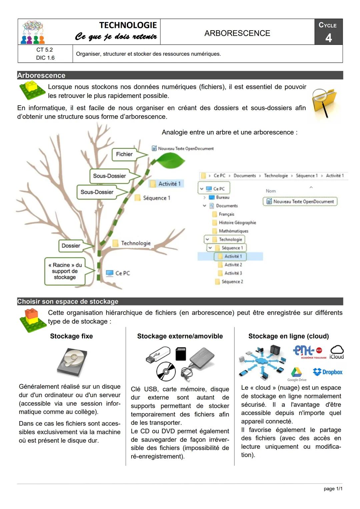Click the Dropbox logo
click(x=328, y=372)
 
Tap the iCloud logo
click(x=337, y=352)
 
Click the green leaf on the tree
click(x=170, y=162)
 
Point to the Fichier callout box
click(x=124, y=154)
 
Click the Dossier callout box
click(x=71, y=246)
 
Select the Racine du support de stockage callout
click(x=65, y=271)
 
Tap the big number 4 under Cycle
click(x=328, y=38)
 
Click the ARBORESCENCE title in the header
click(x=237, y=33)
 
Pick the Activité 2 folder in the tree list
click(x=233, y=265)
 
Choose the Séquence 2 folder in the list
click(x=232, y=282)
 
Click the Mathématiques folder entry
click(x=233, y=231)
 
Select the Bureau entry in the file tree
click(x=222, y=198)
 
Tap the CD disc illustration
click(x=166, y=371)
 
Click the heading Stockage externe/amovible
click(x=180, y=336)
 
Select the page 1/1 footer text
click(x=333, y=489)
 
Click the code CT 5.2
click(x=45, y=50)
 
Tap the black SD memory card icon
click(x=181, y=353)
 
